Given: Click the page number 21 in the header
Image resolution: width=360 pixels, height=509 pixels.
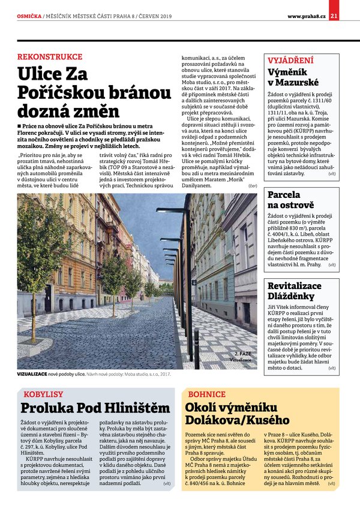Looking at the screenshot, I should point(334,16).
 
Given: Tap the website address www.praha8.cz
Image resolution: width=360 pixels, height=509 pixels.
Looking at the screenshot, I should point(307,16).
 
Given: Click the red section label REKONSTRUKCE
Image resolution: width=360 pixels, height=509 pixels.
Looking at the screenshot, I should point(50,57).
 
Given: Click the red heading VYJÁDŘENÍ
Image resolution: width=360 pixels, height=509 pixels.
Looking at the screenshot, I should point(290,61).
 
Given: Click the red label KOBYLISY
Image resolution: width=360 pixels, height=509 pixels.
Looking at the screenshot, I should point(43,394).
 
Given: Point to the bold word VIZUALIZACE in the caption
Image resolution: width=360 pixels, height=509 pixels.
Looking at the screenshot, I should point(37,373).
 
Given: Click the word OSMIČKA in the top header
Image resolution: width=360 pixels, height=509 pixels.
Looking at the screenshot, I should point(29,16).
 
